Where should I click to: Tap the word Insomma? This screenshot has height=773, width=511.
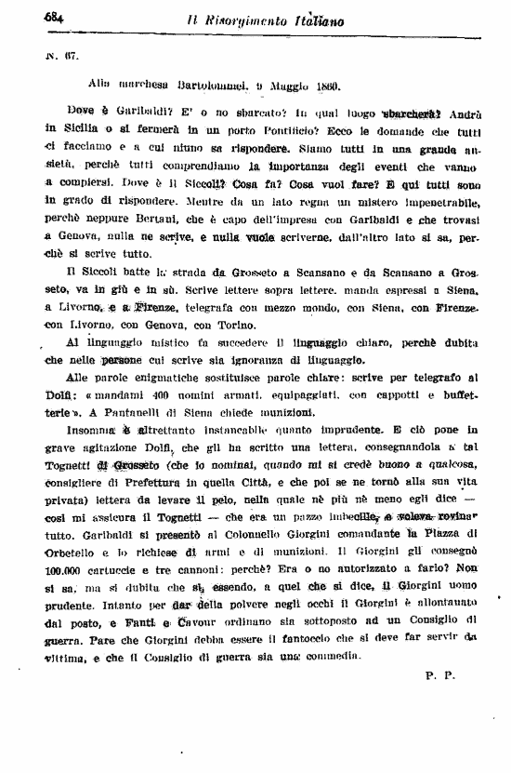[x=88, y=430]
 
